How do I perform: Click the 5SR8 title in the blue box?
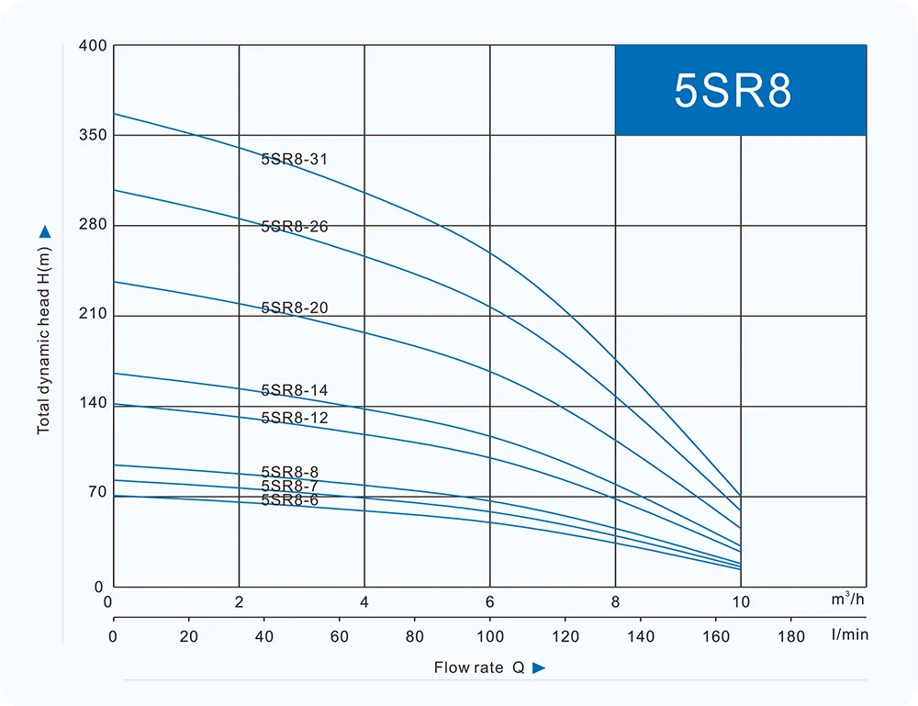(x=733, y=91)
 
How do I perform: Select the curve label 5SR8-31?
(x=294, y=160)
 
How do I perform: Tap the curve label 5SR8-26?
(x=294, y=227)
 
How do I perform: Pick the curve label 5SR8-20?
(x=294, y=308)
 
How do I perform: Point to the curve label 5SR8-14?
(x=294, y=391)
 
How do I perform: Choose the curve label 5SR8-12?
(x=294, y=418)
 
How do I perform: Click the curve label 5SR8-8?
(x=289, y=472)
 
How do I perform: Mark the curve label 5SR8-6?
(x=289, y=500)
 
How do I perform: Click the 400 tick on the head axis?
(x=95, y=46)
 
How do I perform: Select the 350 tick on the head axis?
(x=95, y=135)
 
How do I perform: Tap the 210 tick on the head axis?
(x=95, y=315)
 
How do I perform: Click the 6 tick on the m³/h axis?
(x=490, y=603)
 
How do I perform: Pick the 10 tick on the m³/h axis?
(x=740, y=603)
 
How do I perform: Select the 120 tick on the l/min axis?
(x=565, y=635)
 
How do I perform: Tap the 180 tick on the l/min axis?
(x=791, y=635)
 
